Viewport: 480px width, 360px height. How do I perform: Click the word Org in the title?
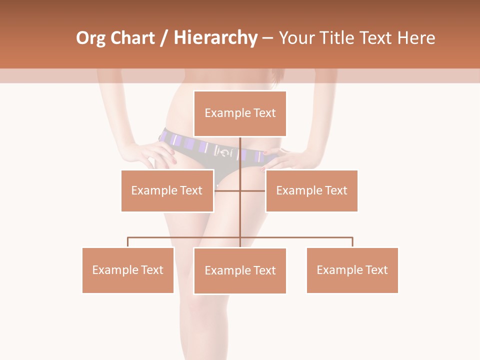coord(91,38)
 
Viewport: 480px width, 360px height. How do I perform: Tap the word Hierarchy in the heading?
coord(215,38)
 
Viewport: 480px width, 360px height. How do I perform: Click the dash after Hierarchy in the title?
coord(267,38)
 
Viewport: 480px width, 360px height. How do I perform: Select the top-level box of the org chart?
coord(240,113)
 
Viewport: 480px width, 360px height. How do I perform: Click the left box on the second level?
coord(167,190)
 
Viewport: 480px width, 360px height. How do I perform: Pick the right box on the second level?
coord(311,190)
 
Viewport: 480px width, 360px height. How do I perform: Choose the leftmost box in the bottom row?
coord(128,270)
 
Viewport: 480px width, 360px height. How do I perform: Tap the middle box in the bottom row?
coord(240,270)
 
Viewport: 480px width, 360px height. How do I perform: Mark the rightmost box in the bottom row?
coord(352,270)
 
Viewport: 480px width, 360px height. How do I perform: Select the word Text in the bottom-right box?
coord(376,270)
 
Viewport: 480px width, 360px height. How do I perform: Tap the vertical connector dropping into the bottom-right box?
coord(352,242)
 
